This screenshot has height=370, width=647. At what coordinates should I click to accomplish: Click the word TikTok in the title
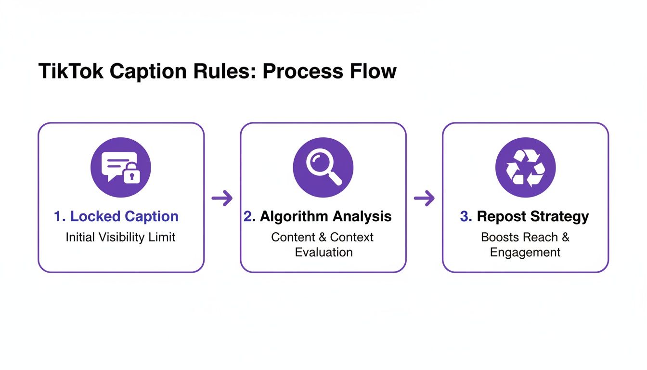(71, 71)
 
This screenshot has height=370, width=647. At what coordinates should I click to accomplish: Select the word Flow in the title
(374, 71)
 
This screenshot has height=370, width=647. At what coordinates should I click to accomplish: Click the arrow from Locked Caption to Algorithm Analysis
(222, 198)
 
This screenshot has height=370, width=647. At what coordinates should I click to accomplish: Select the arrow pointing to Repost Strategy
(424, 198)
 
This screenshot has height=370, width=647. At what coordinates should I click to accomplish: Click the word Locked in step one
(95, 216)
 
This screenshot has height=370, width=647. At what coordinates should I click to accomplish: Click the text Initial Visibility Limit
(120, 238)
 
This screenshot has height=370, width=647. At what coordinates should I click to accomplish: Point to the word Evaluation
(324, 252)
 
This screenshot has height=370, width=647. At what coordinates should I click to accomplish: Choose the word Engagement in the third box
(525, 253)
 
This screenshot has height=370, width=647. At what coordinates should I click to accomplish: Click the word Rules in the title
(224, 71)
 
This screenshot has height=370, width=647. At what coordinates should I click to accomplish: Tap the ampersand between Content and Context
(323, 238)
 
